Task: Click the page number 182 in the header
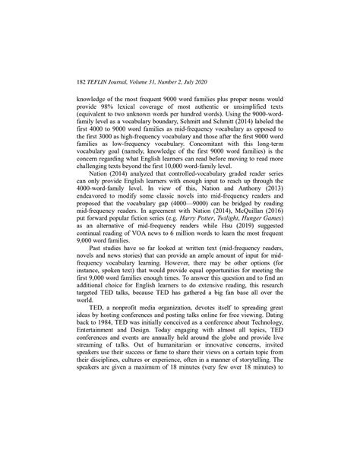[84, 81]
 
